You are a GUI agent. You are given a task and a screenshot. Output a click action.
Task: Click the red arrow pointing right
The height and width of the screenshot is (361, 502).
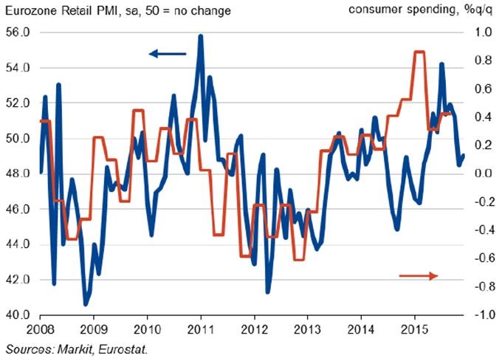[x=419, y=275]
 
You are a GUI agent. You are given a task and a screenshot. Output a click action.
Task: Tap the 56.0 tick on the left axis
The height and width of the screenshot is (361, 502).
[x=17, y=32]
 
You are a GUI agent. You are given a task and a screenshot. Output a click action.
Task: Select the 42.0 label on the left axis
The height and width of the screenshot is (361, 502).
[x=17, y=280]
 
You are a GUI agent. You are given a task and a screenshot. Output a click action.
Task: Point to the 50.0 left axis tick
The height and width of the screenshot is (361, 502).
[x=17, y=139]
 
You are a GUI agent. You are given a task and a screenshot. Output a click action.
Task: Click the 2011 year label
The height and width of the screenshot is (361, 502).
[x=201, y=329]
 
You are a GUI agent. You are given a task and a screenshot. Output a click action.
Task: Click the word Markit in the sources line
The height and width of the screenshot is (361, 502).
[x=71, y=348]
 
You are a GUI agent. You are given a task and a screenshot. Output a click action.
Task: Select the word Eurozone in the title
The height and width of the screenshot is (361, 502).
[x=32, y=11]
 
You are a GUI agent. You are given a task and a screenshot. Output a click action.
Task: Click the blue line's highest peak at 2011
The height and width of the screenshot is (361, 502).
[x=201, y=35]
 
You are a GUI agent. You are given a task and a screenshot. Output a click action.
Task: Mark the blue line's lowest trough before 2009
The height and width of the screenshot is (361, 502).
[x=86, y=303]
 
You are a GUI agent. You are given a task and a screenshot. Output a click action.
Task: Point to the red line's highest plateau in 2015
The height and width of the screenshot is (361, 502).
[x=419, y=52]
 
